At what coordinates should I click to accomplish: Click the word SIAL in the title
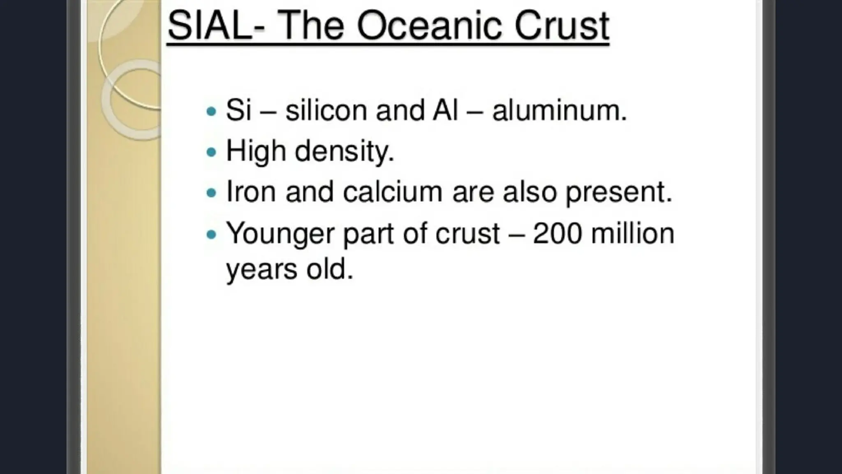pos(210,26)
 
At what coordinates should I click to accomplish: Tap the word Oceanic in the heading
pos(429,26)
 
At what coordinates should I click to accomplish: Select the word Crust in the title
pos(562,26)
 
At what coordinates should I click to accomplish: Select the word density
pos(345,151)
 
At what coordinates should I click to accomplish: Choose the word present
pos(618,193)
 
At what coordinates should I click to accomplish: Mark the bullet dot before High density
pos(211,152)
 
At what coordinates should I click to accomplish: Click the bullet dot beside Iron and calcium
pos(211,193)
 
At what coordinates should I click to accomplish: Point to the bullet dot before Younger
pos(211,234)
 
